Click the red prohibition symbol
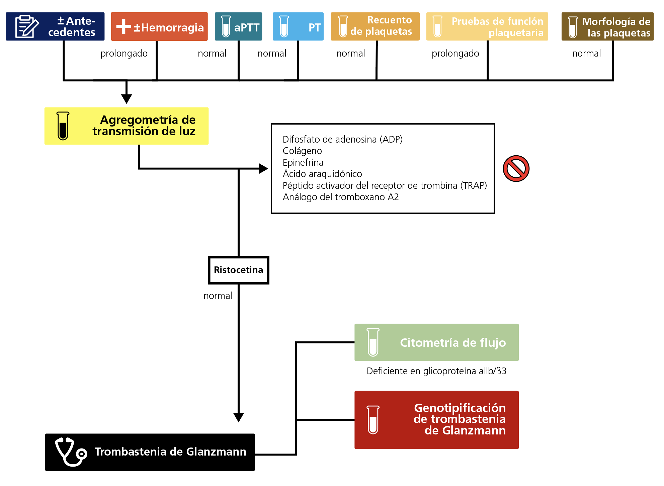516,168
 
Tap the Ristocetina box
238,270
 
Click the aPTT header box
238,26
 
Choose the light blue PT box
298,26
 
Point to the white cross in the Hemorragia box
123,26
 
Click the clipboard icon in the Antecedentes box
27,26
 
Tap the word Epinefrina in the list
303,163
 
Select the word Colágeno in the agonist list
302,151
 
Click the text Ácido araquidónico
322,174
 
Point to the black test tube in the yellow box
63,126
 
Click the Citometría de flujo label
453,342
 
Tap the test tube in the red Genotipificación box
373,420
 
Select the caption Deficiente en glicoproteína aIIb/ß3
436,371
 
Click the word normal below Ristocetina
218,296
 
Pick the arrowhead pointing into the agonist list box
263,168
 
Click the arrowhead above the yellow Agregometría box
127,99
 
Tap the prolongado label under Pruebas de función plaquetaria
455,54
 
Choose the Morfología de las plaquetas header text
616,27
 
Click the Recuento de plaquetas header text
381,25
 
